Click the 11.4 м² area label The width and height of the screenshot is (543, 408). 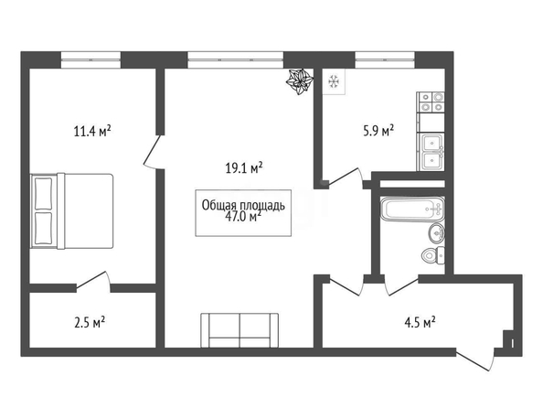coord(92,132)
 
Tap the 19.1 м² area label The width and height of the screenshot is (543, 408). coord(244,168)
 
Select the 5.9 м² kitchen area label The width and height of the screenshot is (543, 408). coord(378,131)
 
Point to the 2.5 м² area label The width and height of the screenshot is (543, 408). coord(90,323)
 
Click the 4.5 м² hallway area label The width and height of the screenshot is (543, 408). coord(420,323)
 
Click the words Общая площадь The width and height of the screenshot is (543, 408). coord(243,205)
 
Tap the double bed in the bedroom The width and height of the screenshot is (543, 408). coord(72,210)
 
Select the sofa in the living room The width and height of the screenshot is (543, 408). coord(240,330)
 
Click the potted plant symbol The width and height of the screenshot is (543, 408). coord(300,81)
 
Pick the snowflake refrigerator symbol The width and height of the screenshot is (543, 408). coord(334,81)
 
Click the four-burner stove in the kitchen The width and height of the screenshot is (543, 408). coord(431,102)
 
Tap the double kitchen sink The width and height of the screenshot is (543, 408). coord(431,152)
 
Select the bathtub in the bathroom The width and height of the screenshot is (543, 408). coord(412,209)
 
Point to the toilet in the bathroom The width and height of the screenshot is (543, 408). coord(433,256)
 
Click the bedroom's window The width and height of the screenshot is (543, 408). coord(90,59)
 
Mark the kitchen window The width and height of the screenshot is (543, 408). coord(385,59)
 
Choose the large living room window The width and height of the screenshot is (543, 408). coord(236,59)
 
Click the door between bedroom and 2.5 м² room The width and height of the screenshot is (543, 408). coord(93,280)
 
